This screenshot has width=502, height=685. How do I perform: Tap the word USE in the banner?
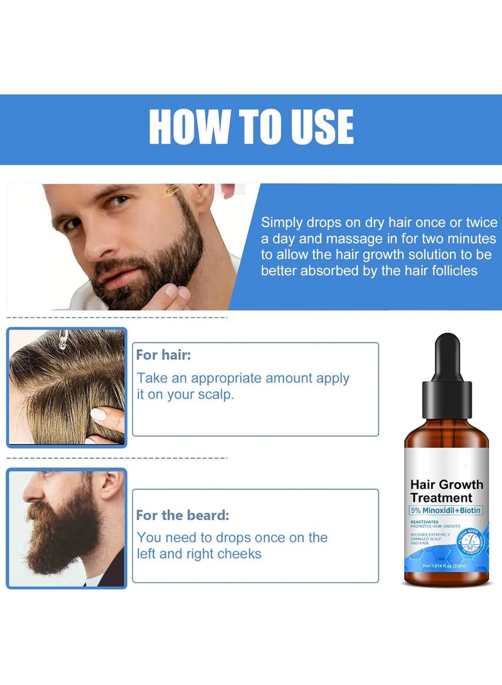coord(318,127)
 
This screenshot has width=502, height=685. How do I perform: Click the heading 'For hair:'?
coord(163,355)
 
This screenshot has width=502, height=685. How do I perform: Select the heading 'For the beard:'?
coord(183,516)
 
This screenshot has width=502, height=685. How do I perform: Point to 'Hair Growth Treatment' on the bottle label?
coord(446,490)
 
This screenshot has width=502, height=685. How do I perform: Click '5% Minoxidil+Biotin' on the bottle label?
coord(446,510)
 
